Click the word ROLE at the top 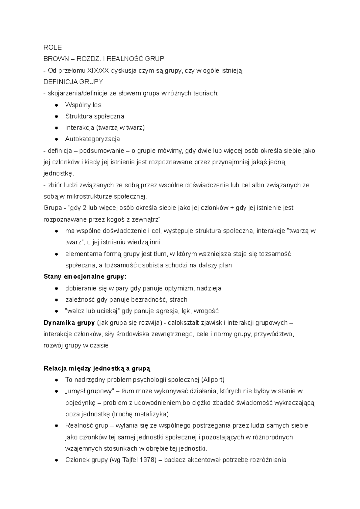(x=52, y=47)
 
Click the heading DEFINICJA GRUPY (x=73, y=82)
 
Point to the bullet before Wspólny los (x=56, y=105)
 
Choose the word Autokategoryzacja (x=92, y=139)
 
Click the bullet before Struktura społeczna (x=56, y=117)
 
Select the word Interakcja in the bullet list (x=79, y=128)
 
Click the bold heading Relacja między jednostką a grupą (x=97, y=368)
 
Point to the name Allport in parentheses (x=213, y=380)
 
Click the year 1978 (x=147, y=460)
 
